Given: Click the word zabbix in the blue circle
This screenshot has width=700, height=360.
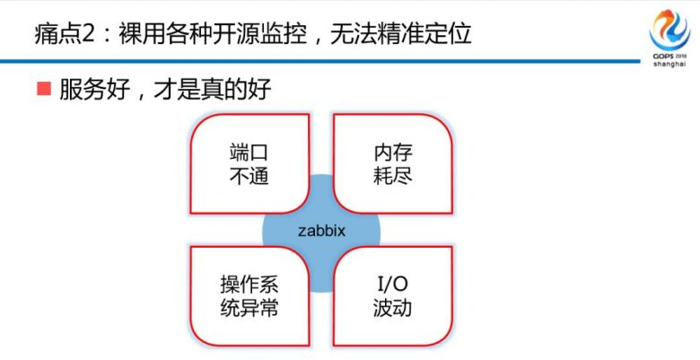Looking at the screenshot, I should click(321, 231).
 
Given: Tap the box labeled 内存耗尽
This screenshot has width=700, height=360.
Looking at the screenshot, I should click(392, 162).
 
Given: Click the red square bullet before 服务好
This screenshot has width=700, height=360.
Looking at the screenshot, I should click(43, 89).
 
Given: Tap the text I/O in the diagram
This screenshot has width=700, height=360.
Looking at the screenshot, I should click(392, 285).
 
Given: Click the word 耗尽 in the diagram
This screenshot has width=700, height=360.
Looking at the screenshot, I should click(392, 175).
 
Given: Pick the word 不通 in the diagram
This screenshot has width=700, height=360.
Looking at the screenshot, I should click(249, 175).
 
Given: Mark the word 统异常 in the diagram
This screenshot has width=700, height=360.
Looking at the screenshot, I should click(249, 309).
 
